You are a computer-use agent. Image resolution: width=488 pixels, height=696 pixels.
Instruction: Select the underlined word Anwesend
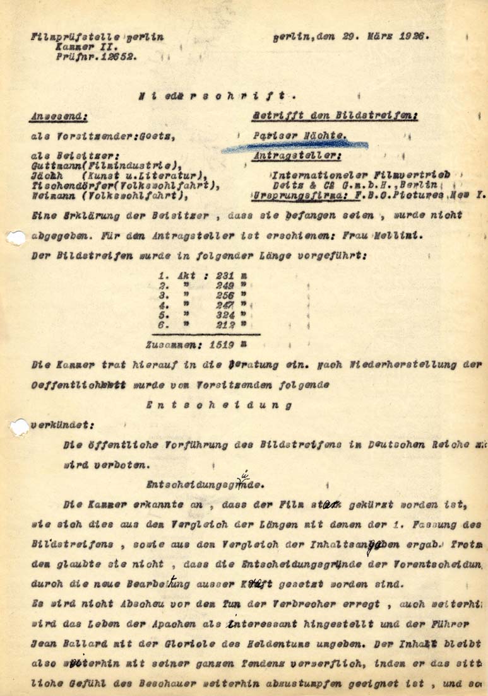coord(58,116)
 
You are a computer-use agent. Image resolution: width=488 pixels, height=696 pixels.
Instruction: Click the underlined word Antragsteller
coord(297,155)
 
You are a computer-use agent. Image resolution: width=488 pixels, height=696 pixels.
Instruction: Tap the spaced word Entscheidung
coord(218,406)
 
